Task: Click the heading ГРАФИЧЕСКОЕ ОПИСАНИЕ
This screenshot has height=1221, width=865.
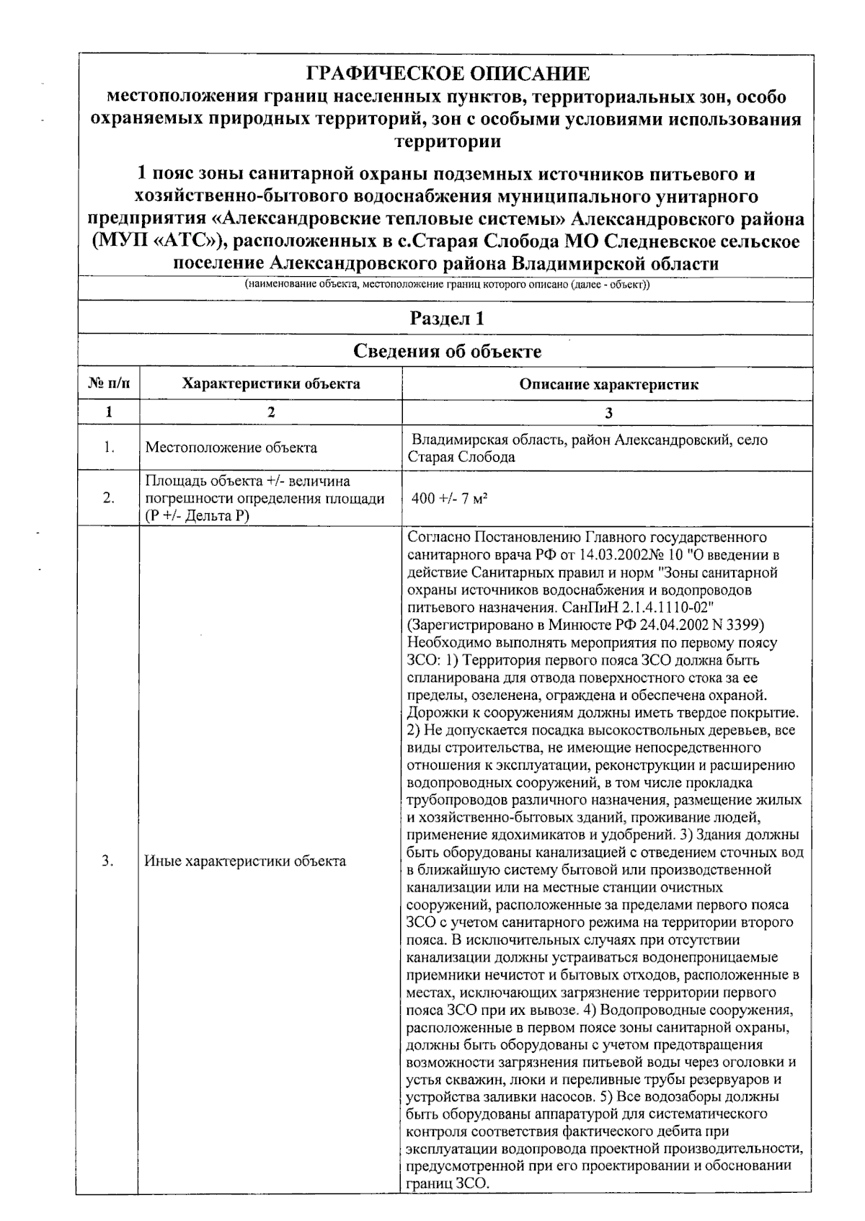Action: pos(448,74)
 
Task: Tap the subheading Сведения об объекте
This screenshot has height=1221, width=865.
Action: pos(447,351)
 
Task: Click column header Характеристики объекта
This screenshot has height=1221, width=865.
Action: pos(271,384)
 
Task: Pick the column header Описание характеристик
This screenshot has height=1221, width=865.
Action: pos(609,384)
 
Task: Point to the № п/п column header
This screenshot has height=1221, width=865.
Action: pos(109,384)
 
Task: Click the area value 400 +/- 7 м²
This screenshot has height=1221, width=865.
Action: pos(451,498)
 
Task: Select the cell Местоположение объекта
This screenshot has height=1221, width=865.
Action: pos(231,448)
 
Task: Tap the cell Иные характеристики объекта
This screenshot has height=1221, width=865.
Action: pos(245,861)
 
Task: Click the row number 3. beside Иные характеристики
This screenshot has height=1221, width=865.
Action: pos(109,861)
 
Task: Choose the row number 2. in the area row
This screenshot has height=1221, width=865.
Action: pos(109,498)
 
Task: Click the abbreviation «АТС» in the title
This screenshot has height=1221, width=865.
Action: pos(177,241)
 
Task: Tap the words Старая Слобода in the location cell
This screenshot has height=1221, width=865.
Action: pos(461,457)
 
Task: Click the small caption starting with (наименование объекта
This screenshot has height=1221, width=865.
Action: pos(447,285)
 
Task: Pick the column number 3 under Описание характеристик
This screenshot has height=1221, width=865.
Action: pos(609,412)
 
